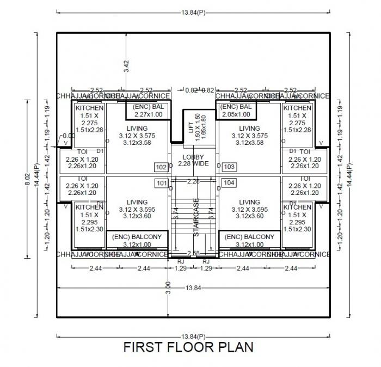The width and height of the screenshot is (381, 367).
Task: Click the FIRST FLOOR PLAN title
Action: coord(188,347)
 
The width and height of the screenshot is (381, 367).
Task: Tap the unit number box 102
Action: coord(161,167)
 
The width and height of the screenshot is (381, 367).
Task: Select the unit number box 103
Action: coord(229,167)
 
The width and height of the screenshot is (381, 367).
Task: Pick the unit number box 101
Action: coord(161,183)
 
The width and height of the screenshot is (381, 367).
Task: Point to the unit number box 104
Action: coord(229,183)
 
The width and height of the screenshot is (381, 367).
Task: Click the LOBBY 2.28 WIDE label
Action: coord(193,160)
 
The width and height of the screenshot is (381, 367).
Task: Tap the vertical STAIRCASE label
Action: coord(196,217)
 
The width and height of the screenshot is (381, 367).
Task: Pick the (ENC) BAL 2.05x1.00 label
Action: coord(236,111)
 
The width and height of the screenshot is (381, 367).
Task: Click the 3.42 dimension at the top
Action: coord(126,66)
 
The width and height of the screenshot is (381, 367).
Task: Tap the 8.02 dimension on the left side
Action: coord(26,178)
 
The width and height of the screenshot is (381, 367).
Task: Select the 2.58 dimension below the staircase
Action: coord(193,254)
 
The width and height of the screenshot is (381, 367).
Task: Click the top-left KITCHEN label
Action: coord(89,108)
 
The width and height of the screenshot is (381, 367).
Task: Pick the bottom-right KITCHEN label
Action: coord(297,207)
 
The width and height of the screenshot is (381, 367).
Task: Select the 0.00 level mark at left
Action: coord(69,136)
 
